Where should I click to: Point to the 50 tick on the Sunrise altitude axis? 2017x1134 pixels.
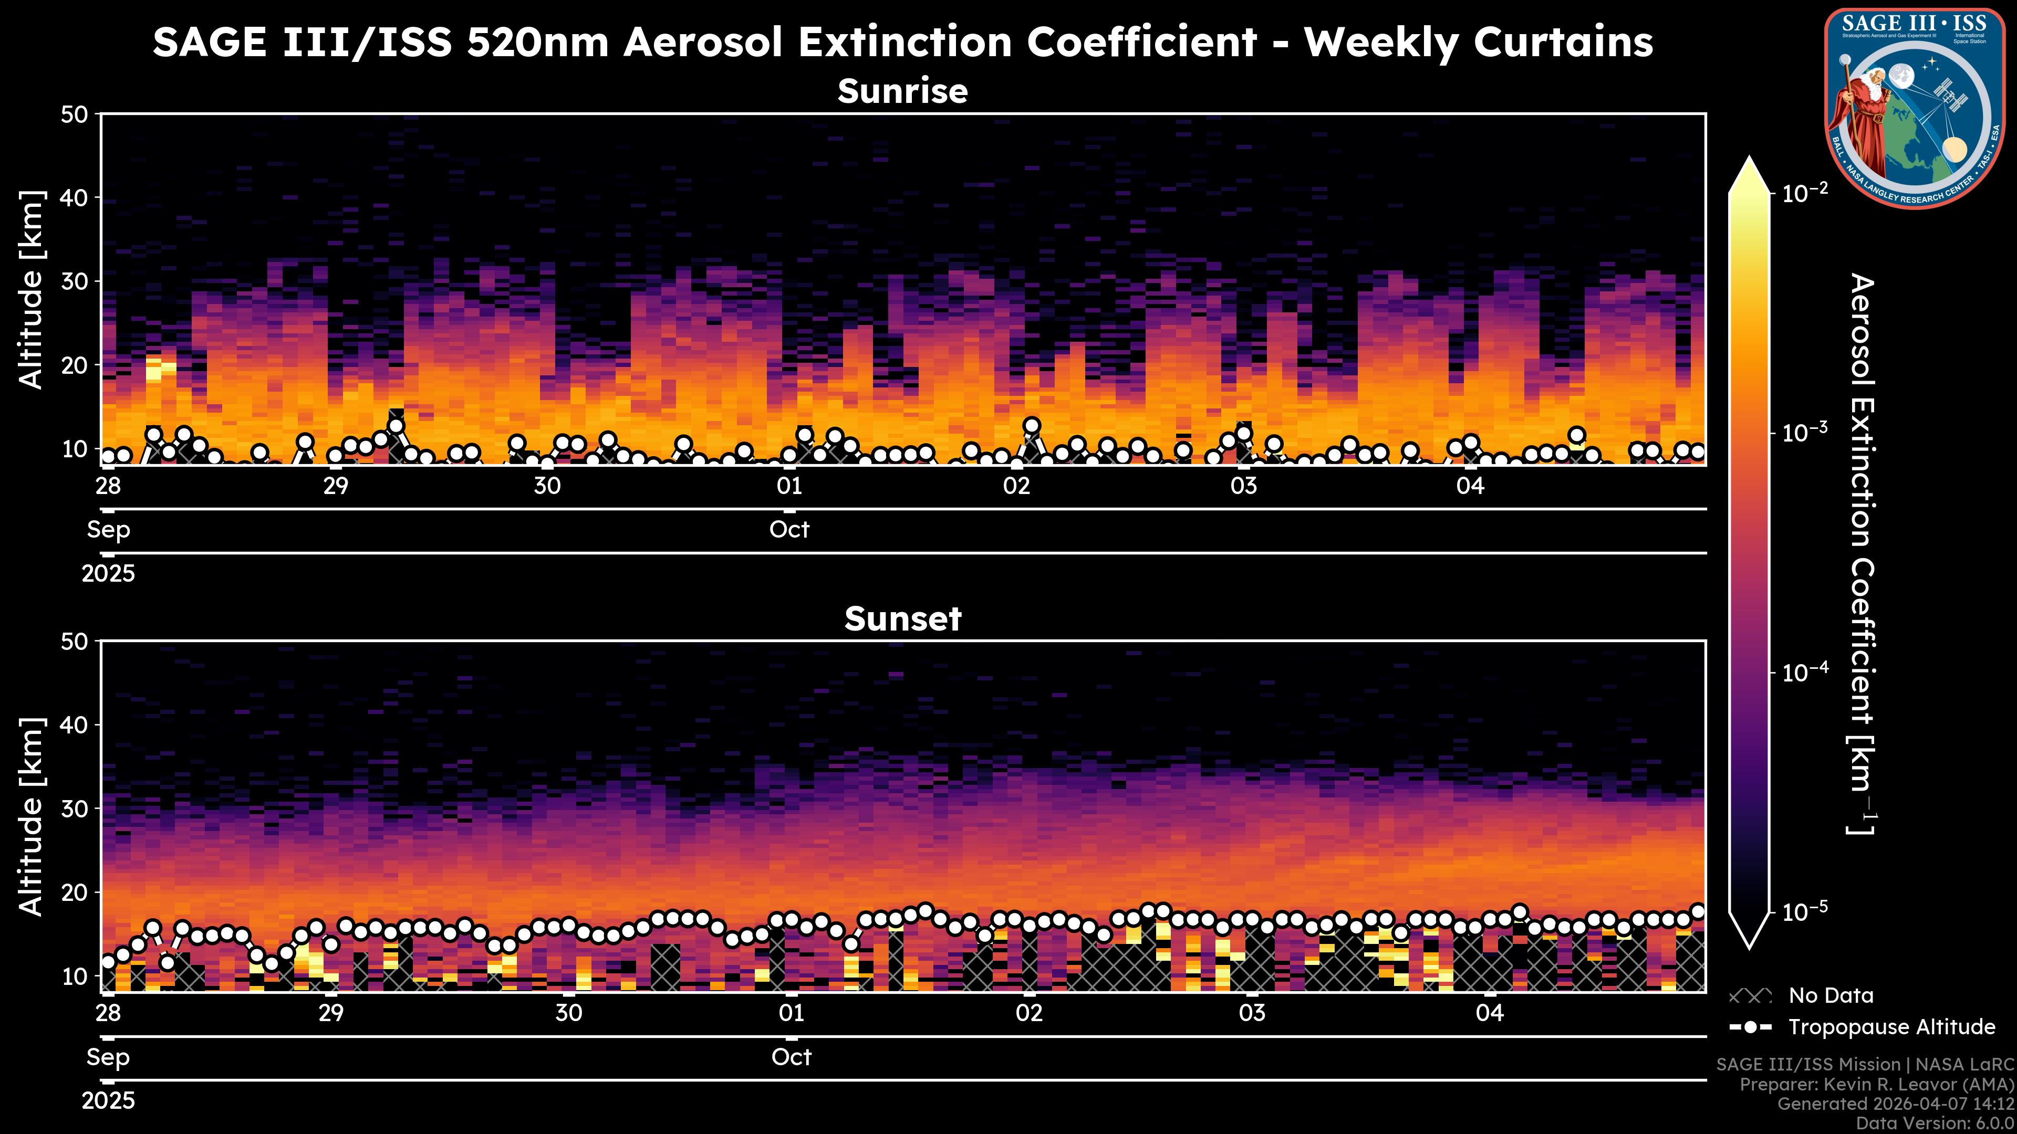pos(77,114)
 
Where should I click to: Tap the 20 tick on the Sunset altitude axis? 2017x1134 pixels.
pos(77,892)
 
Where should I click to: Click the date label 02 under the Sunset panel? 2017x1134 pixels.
pos(1029,1013)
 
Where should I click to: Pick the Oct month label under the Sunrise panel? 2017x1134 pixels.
pos(789,530)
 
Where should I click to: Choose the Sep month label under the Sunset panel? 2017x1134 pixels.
pos(108,1057)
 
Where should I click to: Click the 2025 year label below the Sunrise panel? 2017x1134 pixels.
pos(108,574)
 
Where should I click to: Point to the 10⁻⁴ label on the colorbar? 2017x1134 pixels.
pos(1805,672)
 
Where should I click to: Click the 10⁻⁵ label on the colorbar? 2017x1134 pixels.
pos(1805,912)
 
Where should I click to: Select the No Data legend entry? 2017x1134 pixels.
pos(1831,995)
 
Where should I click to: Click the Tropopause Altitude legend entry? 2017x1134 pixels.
pos(1891,1027)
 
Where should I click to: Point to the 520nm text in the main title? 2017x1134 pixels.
pos(537,42)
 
